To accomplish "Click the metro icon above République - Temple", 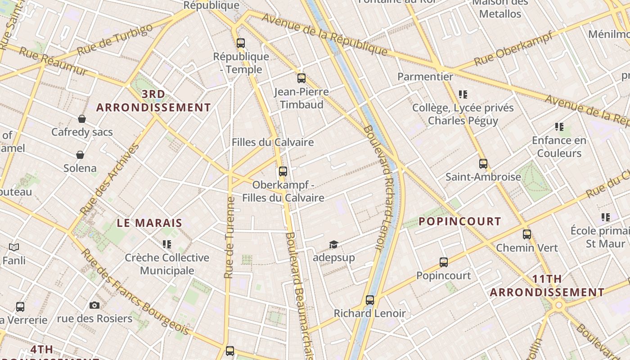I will (x=241, y=43).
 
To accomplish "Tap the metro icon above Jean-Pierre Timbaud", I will (x=301, y=78).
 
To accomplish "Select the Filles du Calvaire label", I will (x=273, y=142).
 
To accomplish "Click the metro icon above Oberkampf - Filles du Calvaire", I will (x=283, y=171).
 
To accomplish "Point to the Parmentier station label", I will (x=425, y=76).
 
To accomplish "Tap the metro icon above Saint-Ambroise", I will (x=483, y=164).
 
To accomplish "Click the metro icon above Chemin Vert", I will (x=527, y=234).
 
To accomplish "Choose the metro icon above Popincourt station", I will (x=444, y=262).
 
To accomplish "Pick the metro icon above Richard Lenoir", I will (x=370, y=300).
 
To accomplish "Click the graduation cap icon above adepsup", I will (x=333, y=244).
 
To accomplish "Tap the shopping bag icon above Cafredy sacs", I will (x=82, y=119).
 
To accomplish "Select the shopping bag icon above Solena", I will (x=80, y=155).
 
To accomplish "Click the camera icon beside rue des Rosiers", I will (x=94, y=306).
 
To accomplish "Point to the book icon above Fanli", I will (x=14, y=247).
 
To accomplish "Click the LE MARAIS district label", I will (x=150, y=223).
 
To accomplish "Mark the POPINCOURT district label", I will (x=460, y=221).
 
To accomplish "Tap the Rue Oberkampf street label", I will (x=513, y=49).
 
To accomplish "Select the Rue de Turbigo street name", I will (x=115, y=40).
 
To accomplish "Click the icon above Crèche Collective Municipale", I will (x=167, y=244).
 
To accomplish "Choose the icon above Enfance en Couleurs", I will (x=559, y=127).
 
